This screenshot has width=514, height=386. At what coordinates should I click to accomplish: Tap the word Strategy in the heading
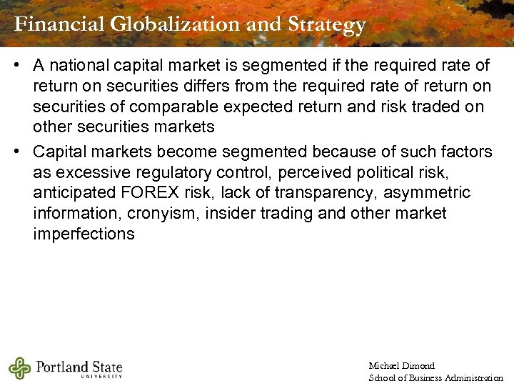tap(326, 24)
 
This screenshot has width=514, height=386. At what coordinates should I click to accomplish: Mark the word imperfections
tap(84, 234)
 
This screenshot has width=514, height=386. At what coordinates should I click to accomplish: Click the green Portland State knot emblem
tap(19, 368)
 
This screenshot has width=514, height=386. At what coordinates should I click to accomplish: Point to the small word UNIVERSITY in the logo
tap(101, 376)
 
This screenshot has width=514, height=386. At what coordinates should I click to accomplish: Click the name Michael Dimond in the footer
tap(401, 366)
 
